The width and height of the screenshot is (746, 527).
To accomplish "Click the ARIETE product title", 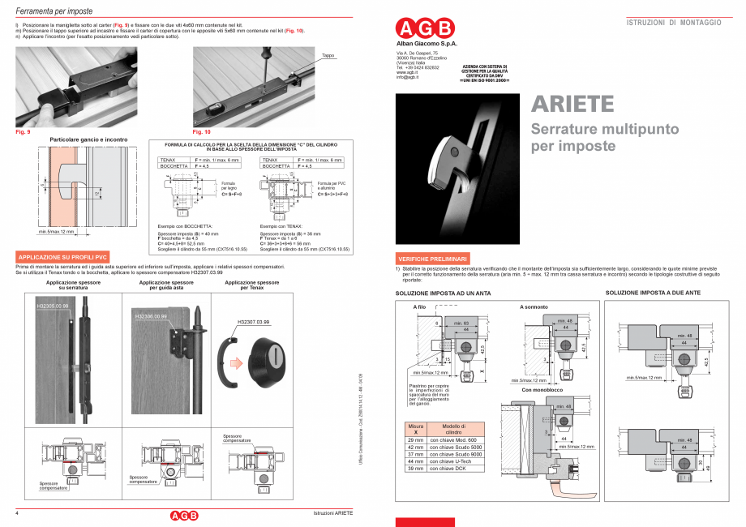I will pyautogui.click(x=572, y=105).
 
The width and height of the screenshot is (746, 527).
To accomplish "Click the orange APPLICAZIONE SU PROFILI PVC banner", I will pyautogui.click(x=62, y=257).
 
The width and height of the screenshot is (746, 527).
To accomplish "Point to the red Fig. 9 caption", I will pyautogui.click(x=23, y=131).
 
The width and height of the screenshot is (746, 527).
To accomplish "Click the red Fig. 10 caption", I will pyautogui.click(x=201, y=131).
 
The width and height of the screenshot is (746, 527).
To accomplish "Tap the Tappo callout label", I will pyautogui.click(x=328, y=56).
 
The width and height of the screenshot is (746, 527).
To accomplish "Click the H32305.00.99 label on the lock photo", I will pyautogui.click(x=53, y=306).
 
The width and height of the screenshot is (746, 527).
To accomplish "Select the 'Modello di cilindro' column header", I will pyautogui.click(x=454, y=429).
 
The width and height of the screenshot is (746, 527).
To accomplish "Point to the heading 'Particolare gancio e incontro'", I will pyautogui.click(x=89, y=139).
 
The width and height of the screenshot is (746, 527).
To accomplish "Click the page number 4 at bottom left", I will pyautogui.click(x=17, y=514).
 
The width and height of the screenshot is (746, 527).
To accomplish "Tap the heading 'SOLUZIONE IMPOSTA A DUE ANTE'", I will pyautogui.click(x=653, y=292).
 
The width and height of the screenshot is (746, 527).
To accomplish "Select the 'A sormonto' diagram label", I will pyautogui.click(x=534, y=307).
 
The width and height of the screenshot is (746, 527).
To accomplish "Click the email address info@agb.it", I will pyautogui.click(x=407, y=77).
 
